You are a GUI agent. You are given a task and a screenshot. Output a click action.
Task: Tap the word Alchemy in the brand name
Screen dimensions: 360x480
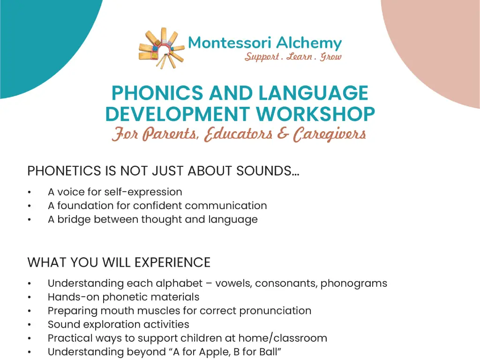coord(309,43)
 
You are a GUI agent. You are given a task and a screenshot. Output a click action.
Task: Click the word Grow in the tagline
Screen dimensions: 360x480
coord(331,57)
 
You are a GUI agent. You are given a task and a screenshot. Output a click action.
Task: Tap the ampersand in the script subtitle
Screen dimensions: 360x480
coord(283,135)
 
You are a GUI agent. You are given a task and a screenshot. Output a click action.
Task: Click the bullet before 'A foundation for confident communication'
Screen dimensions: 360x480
coord(30,206)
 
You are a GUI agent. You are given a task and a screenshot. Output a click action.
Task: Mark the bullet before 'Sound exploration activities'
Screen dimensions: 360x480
coord(30,324)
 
